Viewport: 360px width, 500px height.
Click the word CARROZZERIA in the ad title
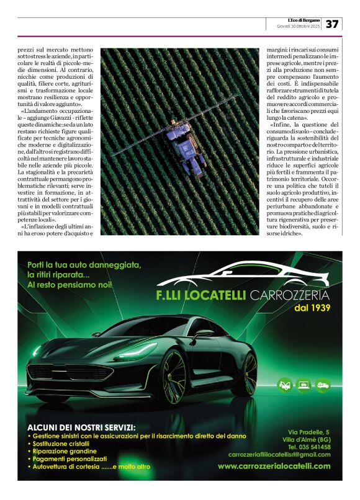(x=290, y=294)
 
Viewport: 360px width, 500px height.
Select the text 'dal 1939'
(x=312, y=308)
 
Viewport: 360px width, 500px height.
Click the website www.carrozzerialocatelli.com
(x=274, y=466)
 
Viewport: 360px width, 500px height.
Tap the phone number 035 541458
(x=308, y=447)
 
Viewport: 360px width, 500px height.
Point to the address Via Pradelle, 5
(x=308, y=432)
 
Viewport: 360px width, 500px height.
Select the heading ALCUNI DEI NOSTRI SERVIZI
(x=81, y=427)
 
